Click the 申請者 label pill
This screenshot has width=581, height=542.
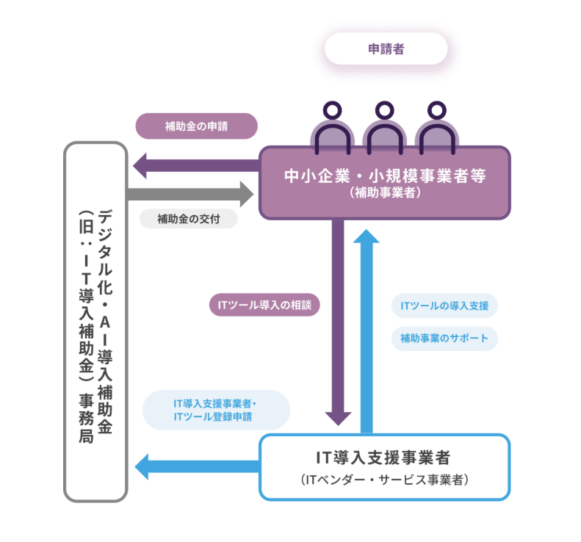(x=386, y=49)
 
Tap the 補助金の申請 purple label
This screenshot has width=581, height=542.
(x=197, y=126)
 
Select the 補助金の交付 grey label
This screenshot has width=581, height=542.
(x=188, y=218)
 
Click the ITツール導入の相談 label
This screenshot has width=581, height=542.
(x=264, y=304)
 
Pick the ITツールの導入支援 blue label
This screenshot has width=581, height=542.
(x=444, y=305)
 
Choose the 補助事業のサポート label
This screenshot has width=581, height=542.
(x=444, y=339)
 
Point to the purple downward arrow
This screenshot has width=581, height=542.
(x=339, y=323)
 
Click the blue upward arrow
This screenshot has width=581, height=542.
(x=367, y=330)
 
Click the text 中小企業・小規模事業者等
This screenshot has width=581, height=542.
(x=385, y=176)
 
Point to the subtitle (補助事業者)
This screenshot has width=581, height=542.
(x=385, y=193)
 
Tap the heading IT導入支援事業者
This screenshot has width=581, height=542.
(x=383, y=458)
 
